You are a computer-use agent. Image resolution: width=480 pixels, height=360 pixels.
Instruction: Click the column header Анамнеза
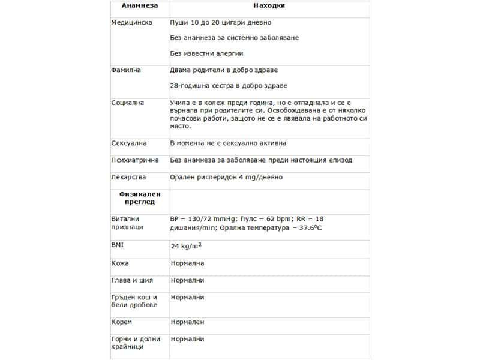pos(139,6)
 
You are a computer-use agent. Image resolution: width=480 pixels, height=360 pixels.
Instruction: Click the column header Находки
pos(269,6)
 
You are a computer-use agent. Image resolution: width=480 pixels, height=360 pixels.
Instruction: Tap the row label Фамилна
pos(126,70)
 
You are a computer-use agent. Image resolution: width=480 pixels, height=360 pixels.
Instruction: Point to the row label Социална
pos(128,103)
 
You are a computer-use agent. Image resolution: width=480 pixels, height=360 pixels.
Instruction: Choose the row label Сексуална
pos(130,143)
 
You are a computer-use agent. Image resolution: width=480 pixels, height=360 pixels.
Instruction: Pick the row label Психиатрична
pos(135,160)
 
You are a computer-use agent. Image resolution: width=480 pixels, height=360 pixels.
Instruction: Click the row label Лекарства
pos(129,178)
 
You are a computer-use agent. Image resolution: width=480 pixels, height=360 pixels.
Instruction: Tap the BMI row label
pos(117,245)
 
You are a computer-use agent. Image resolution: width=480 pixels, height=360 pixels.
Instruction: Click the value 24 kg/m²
pos(186,246)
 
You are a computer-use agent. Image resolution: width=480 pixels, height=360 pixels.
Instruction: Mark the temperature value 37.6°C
pos(303,228)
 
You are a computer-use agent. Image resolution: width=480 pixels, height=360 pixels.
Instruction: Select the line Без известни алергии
pos(209,53)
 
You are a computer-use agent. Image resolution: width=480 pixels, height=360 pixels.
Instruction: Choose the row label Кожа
pos(120,263)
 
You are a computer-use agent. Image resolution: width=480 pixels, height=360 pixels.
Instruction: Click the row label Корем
pos(122,322)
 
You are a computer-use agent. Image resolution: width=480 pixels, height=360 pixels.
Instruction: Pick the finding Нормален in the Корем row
pos(187,322)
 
